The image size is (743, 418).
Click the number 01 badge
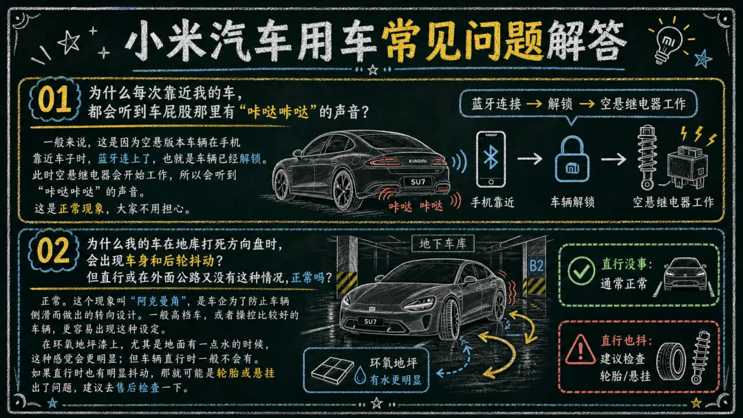[54, 100]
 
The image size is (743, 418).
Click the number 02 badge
[53, 250]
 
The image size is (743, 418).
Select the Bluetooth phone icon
[491, 159]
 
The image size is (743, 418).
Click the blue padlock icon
[572, 159]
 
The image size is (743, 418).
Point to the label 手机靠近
[493, 203]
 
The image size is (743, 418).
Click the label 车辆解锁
[572, 203]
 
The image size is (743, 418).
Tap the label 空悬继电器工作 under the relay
[674, 203]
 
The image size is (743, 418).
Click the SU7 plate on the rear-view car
[418, 181]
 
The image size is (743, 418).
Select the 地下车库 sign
[442, 244]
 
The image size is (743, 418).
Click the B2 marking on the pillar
[536, 265]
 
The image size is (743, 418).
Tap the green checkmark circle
[581, 271]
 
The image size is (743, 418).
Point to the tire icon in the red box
[671, 362]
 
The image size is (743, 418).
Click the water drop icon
[360, 376]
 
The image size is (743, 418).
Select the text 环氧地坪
[394, 363]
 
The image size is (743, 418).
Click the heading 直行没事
[627, 264]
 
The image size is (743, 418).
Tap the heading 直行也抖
[627, 340]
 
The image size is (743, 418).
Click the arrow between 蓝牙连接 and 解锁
[534, 104]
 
